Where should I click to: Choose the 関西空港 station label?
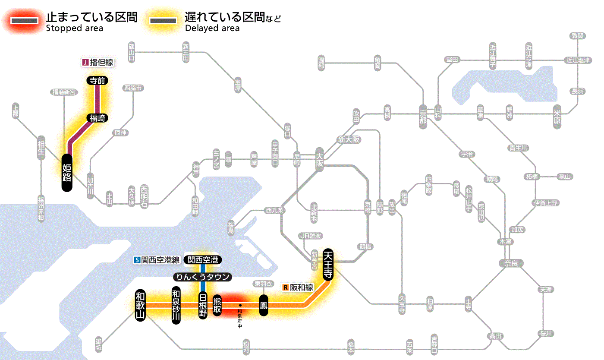203,259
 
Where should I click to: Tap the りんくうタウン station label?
202,277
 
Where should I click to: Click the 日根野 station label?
203,305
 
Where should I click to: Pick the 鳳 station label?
264,305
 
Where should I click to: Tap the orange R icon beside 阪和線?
286,287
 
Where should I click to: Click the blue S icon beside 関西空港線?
137,260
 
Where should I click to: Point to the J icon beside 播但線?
85,63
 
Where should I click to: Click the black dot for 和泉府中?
240,306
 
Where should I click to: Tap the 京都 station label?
423,116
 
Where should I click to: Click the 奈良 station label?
510,263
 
